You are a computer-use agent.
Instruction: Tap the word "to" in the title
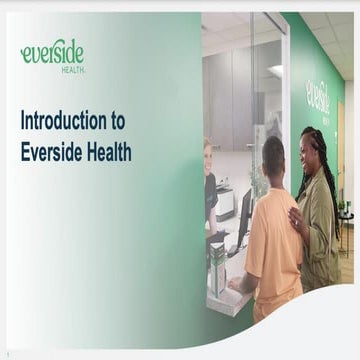117,121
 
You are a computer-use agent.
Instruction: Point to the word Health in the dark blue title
107,152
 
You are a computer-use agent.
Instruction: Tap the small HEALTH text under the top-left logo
72,71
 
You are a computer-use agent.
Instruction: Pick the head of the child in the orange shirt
272,155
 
